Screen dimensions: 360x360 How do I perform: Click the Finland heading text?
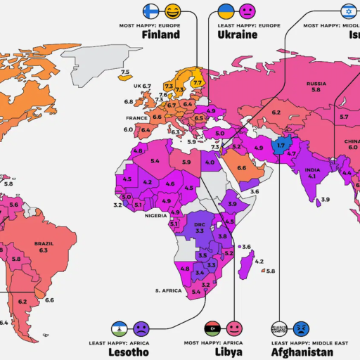(160, 34)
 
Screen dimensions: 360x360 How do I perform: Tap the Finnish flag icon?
(149, 11)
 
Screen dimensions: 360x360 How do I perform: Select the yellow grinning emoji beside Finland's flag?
(172, 11)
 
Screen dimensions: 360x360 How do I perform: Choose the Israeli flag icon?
(349, 11)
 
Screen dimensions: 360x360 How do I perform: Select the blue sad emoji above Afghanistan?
(302, 328)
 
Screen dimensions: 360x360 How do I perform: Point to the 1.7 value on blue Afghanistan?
(281, 146)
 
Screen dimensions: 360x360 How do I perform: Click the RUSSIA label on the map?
(316, 84)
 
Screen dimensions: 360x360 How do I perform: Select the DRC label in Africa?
(200, 224)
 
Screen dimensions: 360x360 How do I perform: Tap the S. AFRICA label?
(169, 290)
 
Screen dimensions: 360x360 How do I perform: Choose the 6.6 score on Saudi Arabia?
(241, 167)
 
